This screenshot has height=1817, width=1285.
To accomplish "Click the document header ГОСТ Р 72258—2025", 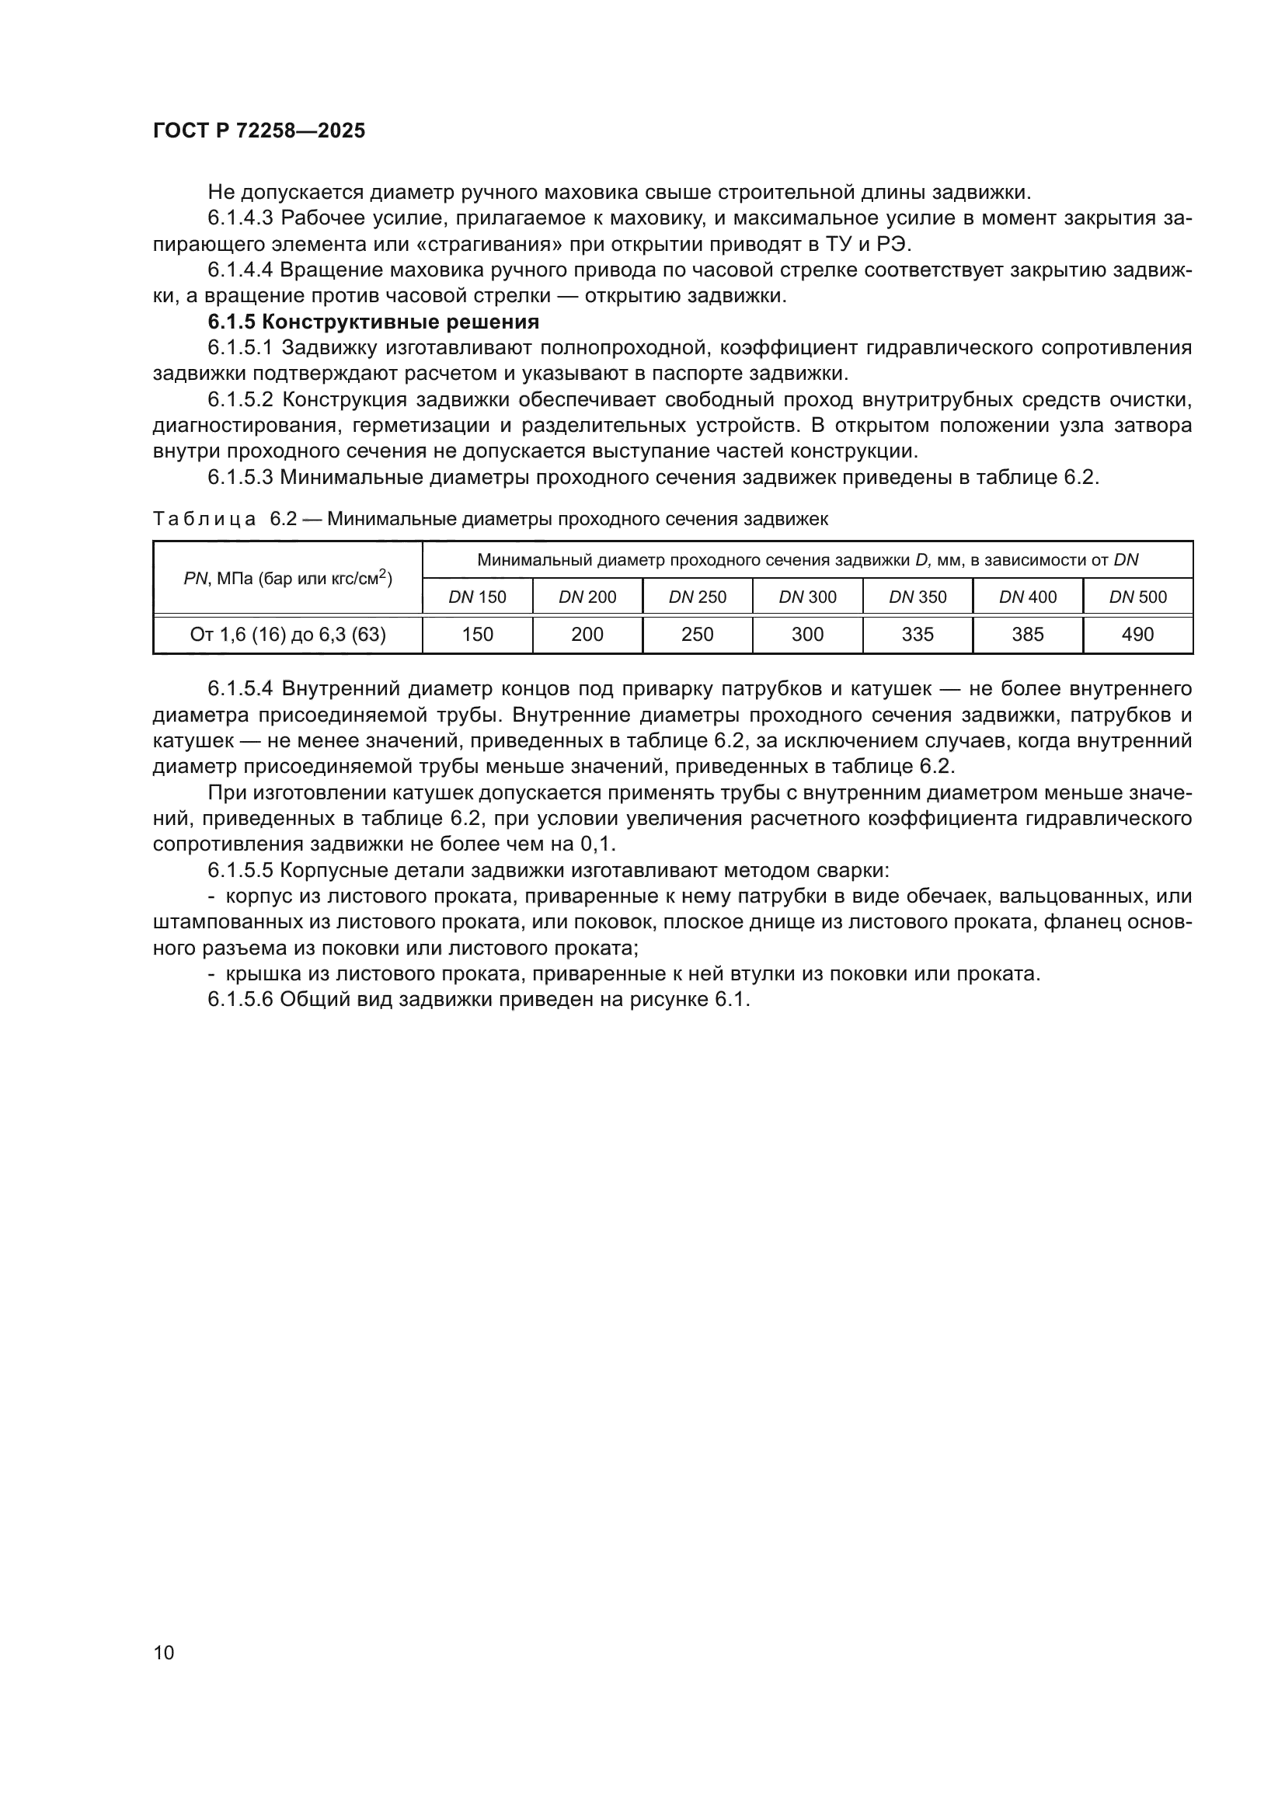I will coord(259,131).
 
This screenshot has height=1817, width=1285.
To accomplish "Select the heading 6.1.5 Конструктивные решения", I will coord(374,322).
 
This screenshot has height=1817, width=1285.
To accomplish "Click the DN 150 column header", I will coord(477,597).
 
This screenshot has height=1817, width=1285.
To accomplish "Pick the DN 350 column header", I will coord(917,597).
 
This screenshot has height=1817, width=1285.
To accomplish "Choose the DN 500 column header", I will coord(1137,597).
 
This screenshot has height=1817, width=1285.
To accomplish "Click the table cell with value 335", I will coord(917,635).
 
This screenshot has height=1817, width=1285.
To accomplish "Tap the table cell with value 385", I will coord(1027,635).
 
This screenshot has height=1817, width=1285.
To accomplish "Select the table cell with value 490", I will coord(1137,635).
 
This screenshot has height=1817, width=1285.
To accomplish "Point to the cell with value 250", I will coord(697,635).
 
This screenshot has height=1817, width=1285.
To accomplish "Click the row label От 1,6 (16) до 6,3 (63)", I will coord(288,635).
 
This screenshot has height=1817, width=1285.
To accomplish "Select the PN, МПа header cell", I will coord(288,579).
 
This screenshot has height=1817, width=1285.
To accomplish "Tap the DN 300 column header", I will coord(807,597).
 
